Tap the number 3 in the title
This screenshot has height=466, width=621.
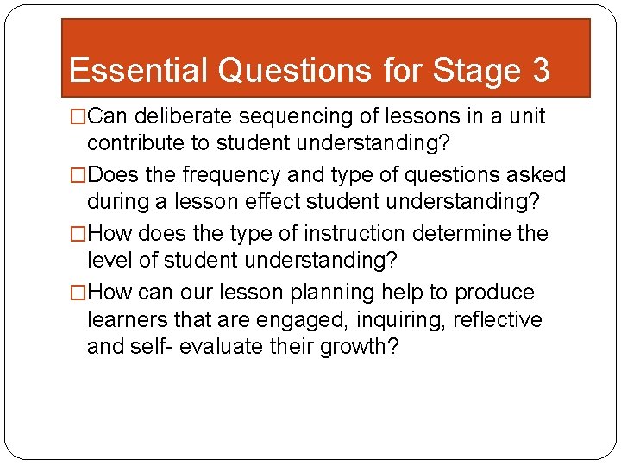click(540, 70)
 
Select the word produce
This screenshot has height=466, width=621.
click(494, 293)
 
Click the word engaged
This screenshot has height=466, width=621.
click(293, 320)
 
